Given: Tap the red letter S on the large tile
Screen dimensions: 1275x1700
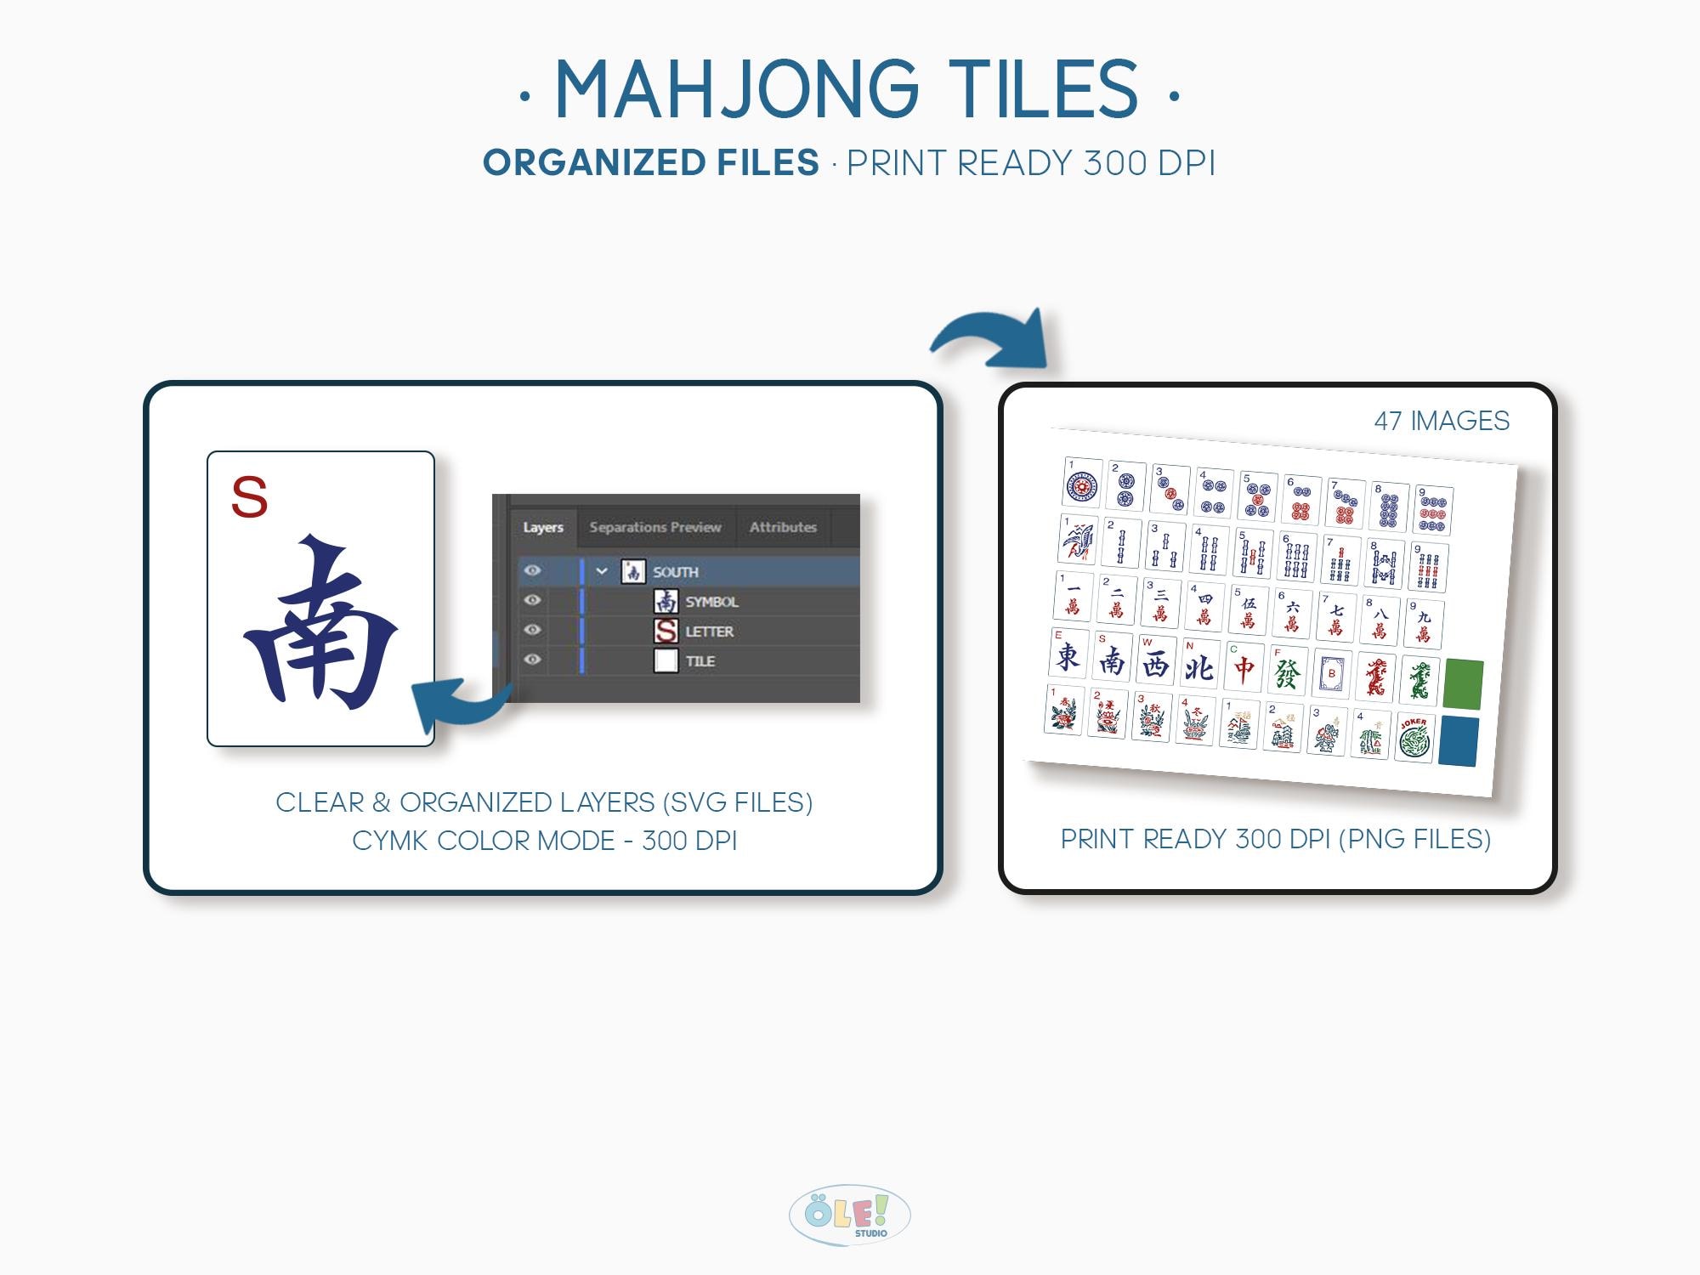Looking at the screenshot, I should (249, 496).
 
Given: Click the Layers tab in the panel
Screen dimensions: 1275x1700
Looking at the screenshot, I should (543, 527).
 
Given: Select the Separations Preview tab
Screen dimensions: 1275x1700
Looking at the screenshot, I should (654, 527).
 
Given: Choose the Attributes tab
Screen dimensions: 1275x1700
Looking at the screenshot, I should (783, 527).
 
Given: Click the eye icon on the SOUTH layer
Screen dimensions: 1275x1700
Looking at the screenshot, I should (533, 571).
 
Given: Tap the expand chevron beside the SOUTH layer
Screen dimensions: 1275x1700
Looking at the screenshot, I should (602, 571).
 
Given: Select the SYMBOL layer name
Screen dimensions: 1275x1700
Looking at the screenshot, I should (711, 602).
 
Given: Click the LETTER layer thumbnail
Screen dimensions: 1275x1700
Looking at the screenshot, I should (666, 631).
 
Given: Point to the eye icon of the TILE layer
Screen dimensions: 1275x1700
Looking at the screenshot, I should (533, 660).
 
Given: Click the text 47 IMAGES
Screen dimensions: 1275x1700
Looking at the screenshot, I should (1442, 421).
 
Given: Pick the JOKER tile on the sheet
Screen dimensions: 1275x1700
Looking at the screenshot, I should (1414, 737).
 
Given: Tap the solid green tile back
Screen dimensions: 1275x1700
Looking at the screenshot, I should (1463, 683).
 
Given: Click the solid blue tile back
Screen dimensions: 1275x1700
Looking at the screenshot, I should (1459, 741).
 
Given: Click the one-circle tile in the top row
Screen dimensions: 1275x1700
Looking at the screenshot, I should (1082, 484).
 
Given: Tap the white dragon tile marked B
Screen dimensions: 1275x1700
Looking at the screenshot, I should (1331, 674).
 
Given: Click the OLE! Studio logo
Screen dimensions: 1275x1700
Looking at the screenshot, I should (849, 1215).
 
